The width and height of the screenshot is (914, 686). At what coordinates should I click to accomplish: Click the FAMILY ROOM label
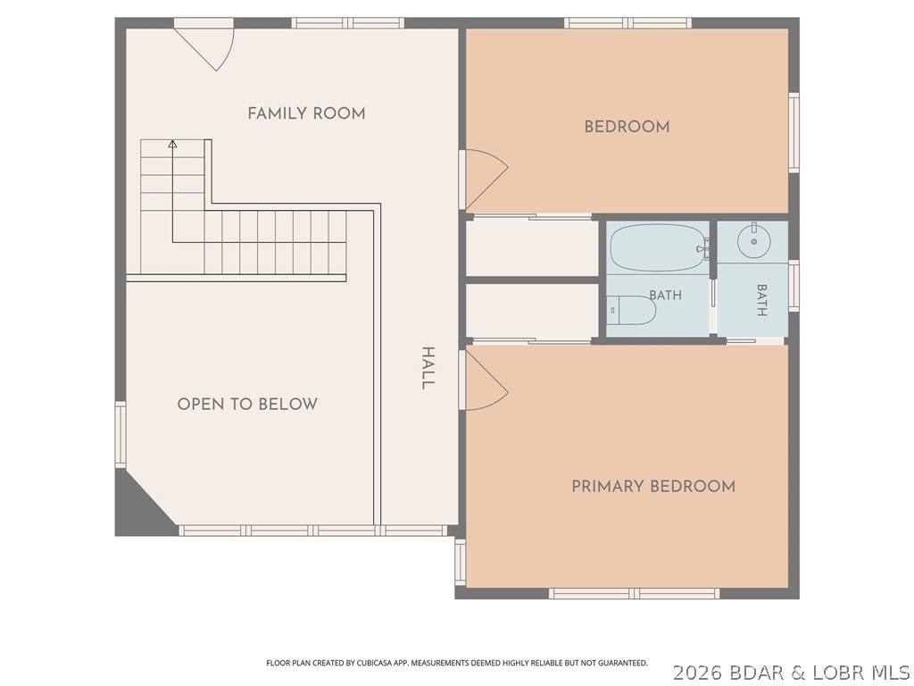click(x=307, y=113)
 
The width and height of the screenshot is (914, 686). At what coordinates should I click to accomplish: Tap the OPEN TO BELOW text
click(x=247, y=405)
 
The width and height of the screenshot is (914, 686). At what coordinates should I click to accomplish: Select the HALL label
click(x=428, y=368)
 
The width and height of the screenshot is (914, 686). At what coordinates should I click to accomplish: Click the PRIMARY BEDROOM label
click(x=653, y=487)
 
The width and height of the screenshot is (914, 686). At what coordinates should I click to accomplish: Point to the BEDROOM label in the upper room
click(x=627, y=127)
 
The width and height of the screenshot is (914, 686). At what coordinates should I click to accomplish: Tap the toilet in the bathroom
click(x=631, y=310)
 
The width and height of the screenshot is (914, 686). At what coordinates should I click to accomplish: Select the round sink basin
click(x=753, y=239)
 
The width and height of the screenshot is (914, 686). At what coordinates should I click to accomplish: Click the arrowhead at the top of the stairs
click(x=172, y=144)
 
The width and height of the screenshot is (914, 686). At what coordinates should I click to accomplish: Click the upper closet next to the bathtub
click(x=532, y=247)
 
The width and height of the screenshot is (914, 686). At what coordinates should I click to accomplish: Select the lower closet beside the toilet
click(x=532, y=311)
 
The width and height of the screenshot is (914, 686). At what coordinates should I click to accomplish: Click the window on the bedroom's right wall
click(x=794, y=132)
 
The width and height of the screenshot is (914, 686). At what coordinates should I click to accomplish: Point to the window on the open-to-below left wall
click(x=120, y=434)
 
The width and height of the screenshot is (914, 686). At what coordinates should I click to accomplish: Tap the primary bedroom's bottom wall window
click(x=635, y=594)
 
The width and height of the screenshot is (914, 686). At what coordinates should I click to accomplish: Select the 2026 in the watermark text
click(x=694, y=673)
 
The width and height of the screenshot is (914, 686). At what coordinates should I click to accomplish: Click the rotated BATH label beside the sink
click(x=761, y=300)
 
